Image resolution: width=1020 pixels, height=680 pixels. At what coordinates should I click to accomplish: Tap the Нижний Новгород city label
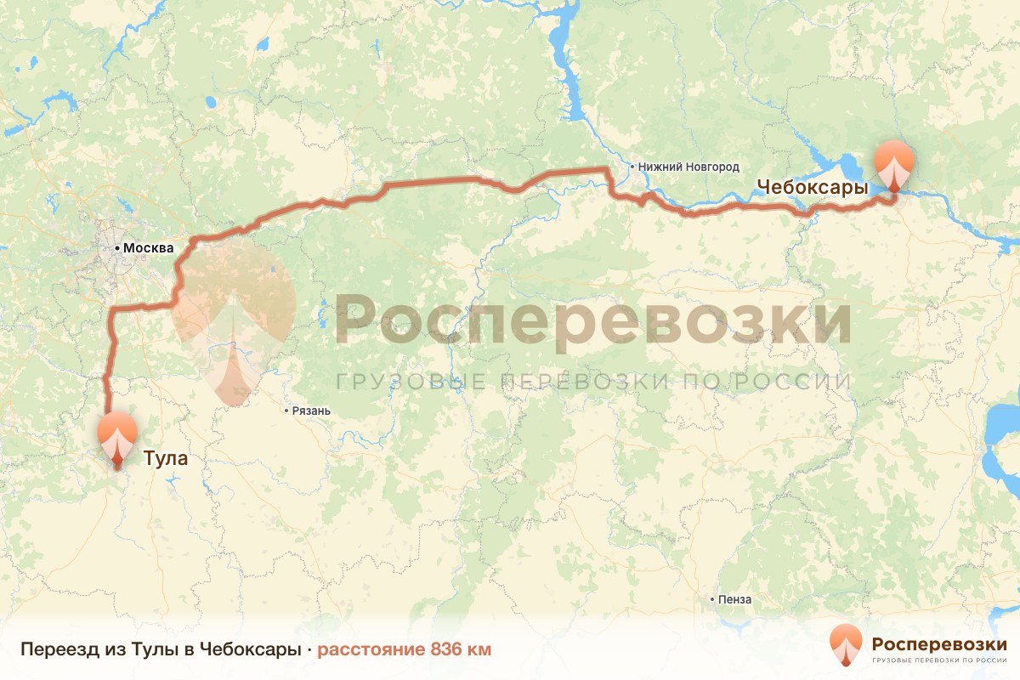point(691,167)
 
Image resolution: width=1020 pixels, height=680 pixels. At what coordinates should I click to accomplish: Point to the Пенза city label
point(734,599)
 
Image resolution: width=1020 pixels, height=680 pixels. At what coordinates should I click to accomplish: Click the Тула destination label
point(165,459)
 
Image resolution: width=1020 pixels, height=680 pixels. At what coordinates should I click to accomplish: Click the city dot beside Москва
point(117,248)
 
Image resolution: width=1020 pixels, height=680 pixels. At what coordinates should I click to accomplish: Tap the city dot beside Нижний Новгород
point(634,167)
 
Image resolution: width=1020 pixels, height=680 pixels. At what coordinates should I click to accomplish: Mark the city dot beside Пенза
point(712,599)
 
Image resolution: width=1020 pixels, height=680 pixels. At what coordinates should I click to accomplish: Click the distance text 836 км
point(461,649)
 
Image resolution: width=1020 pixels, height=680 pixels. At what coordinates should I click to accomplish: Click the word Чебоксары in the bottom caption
point(253,649)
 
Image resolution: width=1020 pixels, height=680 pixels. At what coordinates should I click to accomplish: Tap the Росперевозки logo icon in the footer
point(845,646)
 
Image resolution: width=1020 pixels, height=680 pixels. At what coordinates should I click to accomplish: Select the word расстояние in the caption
point(371,649)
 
